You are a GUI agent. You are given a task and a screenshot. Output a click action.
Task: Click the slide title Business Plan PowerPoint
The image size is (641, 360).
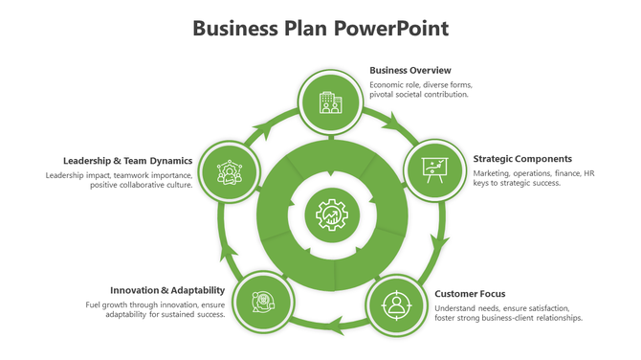[x=320, y=27]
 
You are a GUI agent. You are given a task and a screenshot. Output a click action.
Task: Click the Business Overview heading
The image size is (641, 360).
[x=409, y=70]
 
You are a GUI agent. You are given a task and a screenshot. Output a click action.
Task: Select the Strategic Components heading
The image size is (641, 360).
[x=522, y=159]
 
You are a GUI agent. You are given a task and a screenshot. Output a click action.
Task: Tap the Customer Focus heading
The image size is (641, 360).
[x=470, y=294]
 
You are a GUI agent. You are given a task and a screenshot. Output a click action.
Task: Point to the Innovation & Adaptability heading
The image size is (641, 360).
[x=167, y=290]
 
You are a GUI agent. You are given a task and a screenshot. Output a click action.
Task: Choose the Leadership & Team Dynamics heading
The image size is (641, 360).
[x=128, y=161]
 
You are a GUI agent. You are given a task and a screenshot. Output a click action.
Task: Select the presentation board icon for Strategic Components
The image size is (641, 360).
[x=435, y=169]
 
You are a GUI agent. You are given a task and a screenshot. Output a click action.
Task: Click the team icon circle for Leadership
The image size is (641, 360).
[x=228, y=173]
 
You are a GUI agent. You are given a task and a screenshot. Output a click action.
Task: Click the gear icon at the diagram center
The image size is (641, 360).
[x=331, y=214]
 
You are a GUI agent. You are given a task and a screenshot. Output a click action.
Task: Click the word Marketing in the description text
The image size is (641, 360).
[x=492, y=173]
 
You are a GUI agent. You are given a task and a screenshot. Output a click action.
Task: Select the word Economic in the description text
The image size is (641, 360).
[x=388, y=84]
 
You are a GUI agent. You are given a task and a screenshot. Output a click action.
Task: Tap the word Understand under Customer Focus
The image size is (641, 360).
[x=456, y=307]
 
